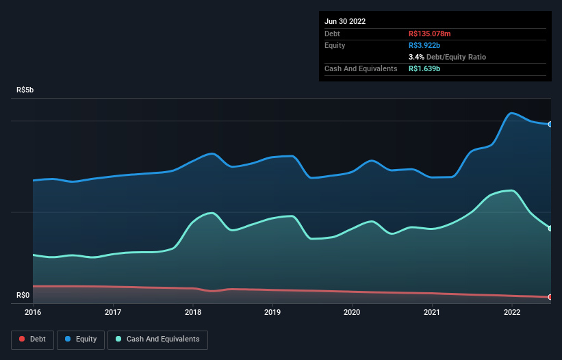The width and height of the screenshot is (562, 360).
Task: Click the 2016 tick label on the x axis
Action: [33, 313]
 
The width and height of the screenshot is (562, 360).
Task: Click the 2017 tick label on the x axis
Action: [113, 313]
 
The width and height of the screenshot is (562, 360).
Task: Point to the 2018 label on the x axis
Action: [193, 313]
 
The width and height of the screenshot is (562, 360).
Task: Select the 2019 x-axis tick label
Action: [272, 313]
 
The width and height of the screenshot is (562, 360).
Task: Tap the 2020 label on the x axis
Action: [352, 313]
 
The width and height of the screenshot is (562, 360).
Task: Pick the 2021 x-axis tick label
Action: [432, 313]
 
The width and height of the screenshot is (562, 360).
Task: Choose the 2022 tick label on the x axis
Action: [512, 313]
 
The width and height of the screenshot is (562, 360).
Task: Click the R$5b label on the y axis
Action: [25, 90]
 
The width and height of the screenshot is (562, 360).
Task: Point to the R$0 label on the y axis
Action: [23, 296]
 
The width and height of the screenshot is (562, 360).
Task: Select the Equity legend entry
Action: [81, 339]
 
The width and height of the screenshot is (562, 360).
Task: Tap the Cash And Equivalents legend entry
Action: [157, 339]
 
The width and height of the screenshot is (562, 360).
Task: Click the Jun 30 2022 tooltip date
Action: [345, 21]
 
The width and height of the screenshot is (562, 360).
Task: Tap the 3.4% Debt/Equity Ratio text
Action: [447, 57]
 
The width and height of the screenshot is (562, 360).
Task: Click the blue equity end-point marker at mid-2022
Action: [550, 124]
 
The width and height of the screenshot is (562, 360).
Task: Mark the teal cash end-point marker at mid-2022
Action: [550, 229]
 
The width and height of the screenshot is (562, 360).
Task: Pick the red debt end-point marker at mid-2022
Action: [550, 297]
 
